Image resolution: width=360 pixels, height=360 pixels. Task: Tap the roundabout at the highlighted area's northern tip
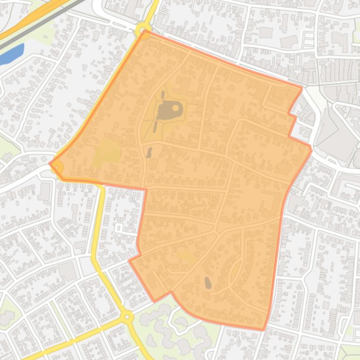tap(143, 31)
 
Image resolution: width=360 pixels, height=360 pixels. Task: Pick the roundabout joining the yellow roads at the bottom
tap(127, 317)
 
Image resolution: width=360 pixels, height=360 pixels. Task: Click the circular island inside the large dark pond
tap(176, 108)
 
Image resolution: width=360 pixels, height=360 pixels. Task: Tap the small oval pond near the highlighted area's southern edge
tap(207, 282)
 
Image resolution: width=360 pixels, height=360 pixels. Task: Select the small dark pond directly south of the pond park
tap(149, 152)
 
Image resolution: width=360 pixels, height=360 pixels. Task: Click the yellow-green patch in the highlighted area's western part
tap(107, 152)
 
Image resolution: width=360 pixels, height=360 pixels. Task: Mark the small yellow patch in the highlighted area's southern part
tap(186, 256)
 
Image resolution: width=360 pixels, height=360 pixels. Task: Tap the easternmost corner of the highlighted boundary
tap(311, 149)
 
